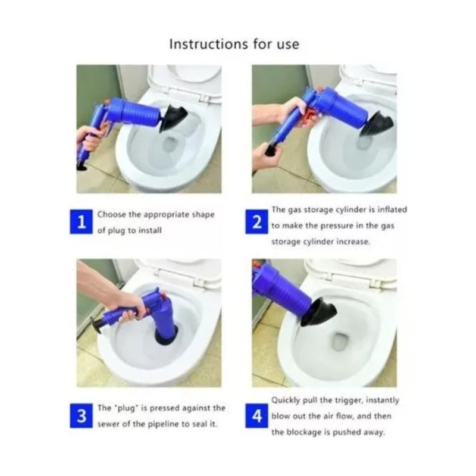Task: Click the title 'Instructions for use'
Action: (x=234, y=44)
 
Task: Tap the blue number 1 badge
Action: (x=81, y=222)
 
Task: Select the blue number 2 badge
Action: (x=257, y=222)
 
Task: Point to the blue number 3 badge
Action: (x=81, y=416)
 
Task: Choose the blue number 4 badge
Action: (x=257, y=416)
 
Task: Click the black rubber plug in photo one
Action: (x=173, y=118)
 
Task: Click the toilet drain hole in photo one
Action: (x=171, y=144)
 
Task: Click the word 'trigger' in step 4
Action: (x=349, y=400)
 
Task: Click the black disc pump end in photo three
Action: (x=96, y=325)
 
